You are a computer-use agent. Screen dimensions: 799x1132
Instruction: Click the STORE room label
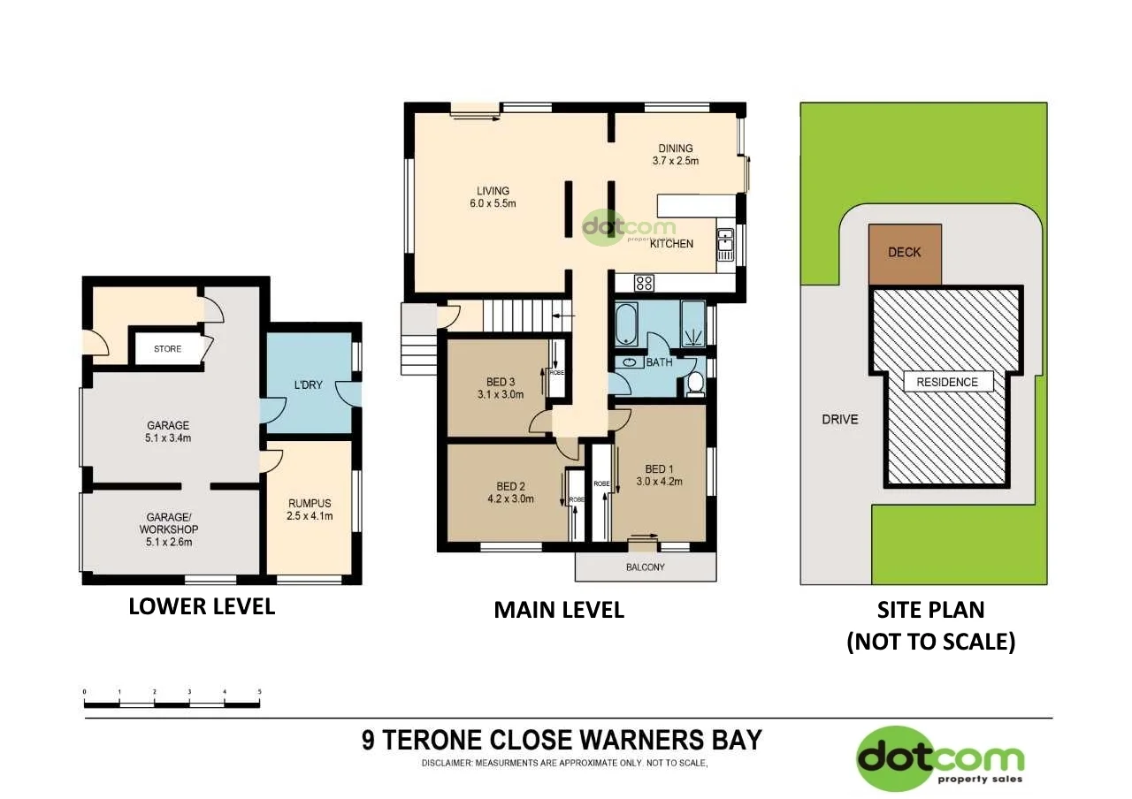167,349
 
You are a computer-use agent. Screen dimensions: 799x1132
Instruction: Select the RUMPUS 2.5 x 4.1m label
310,510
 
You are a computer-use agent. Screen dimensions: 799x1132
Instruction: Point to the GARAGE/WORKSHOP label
167,529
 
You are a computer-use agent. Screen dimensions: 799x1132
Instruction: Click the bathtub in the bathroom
627,324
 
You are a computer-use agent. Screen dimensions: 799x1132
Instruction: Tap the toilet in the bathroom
695,384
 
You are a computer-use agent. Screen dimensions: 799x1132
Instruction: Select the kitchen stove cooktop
644,284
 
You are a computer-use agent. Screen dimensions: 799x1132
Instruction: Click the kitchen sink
725,244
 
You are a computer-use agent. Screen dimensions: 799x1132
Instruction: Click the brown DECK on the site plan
904,254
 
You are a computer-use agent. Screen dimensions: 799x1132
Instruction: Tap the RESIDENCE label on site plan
947,382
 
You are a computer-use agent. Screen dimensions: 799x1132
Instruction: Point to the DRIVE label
839,419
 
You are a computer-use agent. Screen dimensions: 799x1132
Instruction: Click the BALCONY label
645,567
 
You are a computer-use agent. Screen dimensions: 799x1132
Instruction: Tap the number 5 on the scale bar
259,692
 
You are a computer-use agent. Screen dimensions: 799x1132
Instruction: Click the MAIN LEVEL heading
558,610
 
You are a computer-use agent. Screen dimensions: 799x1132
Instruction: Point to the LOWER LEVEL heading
202,606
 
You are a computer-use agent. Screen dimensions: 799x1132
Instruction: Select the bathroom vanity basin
629,362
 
